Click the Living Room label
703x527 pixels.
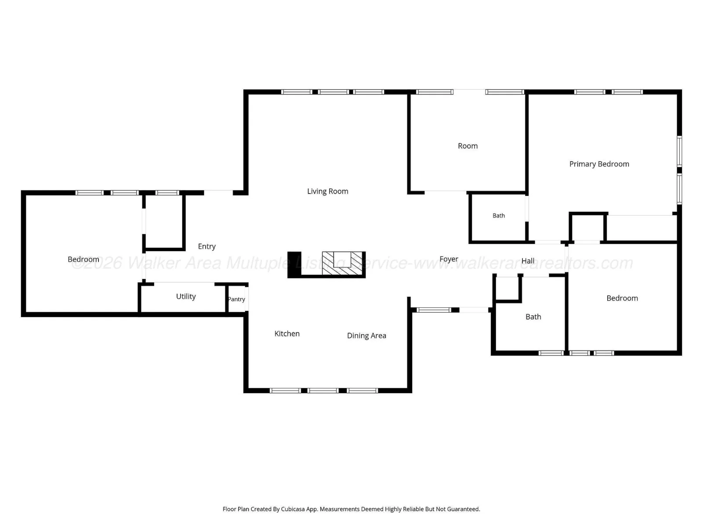click(327, 191)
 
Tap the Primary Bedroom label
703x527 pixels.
click(599, 164)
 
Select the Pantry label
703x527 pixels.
click(236, 299)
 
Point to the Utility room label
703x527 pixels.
click(186, 296)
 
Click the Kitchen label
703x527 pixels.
click(287, 334)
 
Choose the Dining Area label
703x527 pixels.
click(366, 336)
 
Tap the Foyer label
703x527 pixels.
click(449, 259)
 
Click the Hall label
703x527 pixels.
click(528, 261)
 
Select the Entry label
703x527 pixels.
click(207, 247)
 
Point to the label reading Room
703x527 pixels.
click(467, 146)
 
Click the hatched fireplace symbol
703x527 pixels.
click(342, 263)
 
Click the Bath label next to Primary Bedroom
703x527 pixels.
click(498, 216)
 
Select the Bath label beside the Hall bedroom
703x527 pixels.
click(533, 317)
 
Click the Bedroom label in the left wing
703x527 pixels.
click(83, 260)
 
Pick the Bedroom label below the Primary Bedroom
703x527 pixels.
click(622, 299)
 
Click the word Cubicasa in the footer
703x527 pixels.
click(293, 509)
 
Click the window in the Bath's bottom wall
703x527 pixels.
click(551, 353)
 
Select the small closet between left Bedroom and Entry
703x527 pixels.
click(163, 222)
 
